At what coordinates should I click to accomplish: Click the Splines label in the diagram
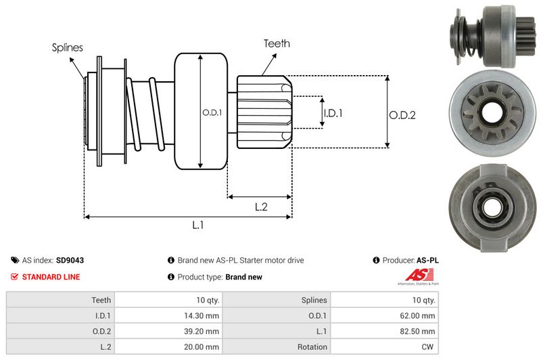(x=68, y=47)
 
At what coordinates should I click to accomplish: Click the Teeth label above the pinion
(x=277, y=43)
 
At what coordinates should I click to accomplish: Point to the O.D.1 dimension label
(x=212, y=112)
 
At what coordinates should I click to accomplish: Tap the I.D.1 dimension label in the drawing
(x=333, y=114)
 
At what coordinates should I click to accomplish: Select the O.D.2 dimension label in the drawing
(x=402, y=115)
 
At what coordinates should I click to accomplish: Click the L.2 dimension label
(x=262, y=207)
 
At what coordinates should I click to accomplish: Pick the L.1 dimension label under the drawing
(x=198, y=225)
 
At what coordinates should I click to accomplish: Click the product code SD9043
(x=70, y=260)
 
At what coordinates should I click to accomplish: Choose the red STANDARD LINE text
(x=51, y=277)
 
